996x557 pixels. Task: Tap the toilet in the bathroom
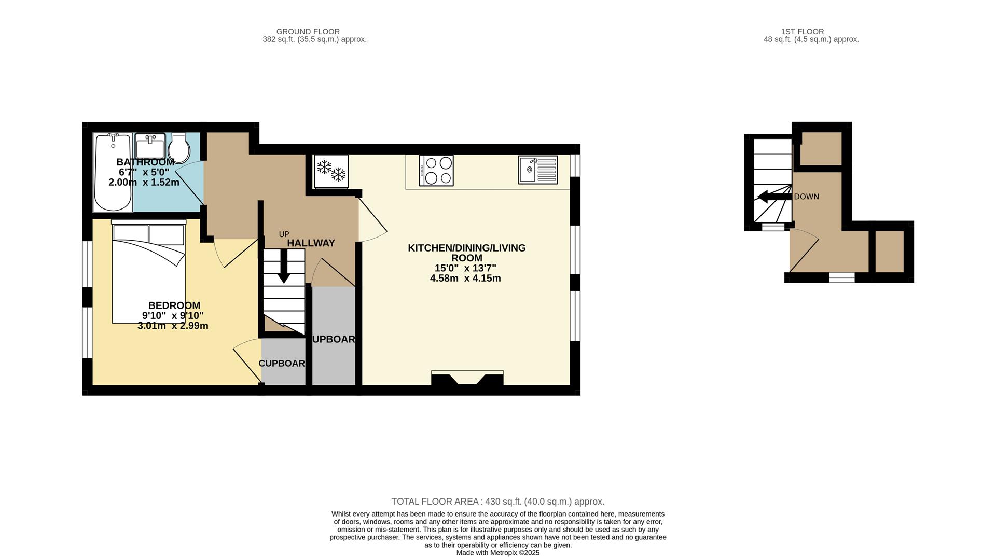pos(179,147)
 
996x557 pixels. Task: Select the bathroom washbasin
pos(150,146)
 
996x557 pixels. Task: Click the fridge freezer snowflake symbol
pos(331,171)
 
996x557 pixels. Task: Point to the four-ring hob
pos(436,170)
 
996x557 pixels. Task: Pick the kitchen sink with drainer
pos(537,170)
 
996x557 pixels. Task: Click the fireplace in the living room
pos(467,378)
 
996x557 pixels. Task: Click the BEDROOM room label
pos(174,305)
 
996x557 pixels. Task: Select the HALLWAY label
pos(311,243)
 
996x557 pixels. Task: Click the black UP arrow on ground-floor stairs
pos(283,266)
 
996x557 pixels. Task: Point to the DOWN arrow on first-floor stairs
pos(773,197)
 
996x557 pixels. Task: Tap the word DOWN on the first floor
pos(806,197)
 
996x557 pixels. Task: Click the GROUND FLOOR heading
pos(308,32)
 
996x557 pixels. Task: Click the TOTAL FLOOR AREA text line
pos(497,502)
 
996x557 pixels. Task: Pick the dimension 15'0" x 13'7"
pos(465,268)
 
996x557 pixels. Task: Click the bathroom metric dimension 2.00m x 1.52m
pos(144,182)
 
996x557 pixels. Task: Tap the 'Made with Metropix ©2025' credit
pos(497,553)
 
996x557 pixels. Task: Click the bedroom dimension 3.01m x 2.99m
pos(173,326)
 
